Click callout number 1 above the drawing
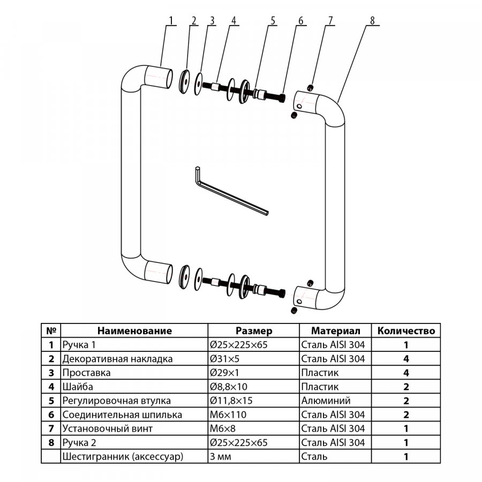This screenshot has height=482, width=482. (x=171, y=21)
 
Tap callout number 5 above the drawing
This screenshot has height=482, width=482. (x=273, y=21)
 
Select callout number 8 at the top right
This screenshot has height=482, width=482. (x=372, y=21)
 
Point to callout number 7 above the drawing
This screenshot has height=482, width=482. (x=330, y=21)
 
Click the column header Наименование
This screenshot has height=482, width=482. (x=134, y=331)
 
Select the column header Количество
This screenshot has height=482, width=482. (x=406, y=331)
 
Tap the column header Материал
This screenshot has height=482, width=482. (x=336, y=331)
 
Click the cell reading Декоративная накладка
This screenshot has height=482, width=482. (x=118, y=359)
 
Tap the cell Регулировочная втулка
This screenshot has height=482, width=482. (x=117, y=401)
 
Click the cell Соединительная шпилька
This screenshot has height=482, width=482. (x=122, y=415)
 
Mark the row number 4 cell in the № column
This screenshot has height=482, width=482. (x=51, y=387)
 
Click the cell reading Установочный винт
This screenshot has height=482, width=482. (x=108, y=428)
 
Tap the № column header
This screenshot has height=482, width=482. (x=51, y=331)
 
